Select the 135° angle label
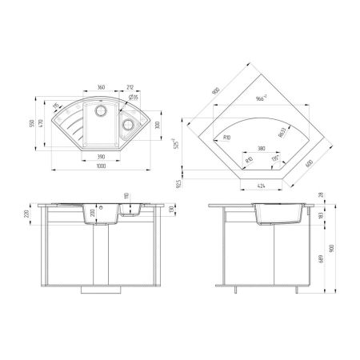pos(277,160)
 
